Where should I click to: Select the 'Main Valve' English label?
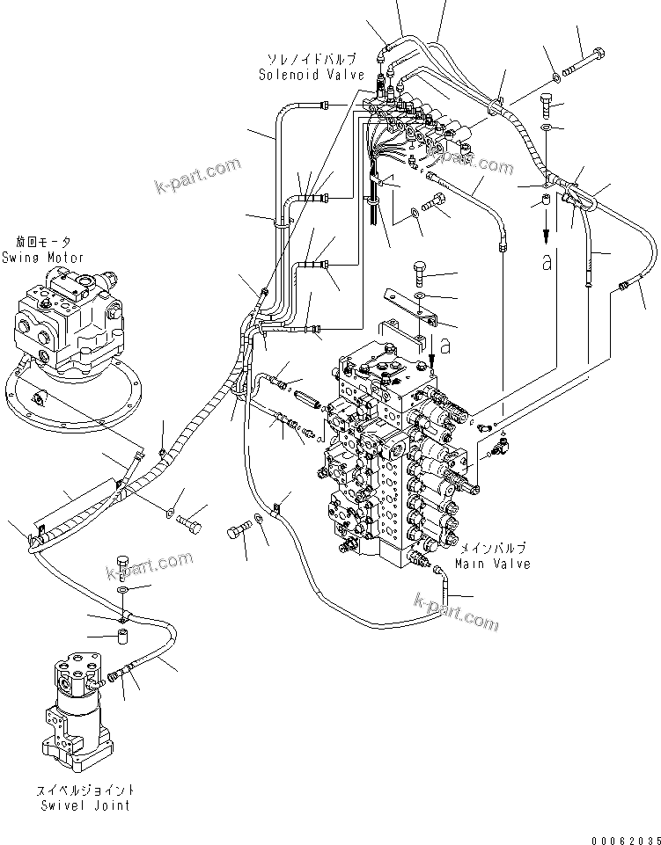coord(493,563)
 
